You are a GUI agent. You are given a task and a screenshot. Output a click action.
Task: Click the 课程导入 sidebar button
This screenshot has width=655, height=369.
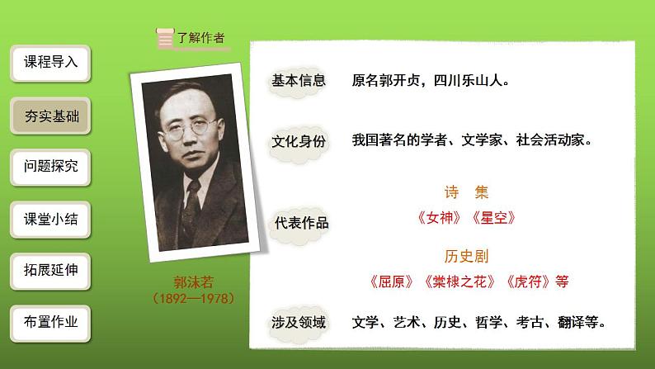tap(51, 63)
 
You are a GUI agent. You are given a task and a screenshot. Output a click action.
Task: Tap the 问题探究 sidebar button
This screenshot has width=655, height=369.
tap(51, 167)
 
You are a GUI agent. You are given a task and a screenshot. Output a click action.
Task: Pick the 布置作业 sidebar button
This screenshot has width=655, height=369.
tap(51, 323)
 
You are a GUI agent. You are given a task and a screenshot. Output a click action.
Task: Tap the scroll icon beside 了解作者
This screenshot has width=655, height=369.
tap(165, 37)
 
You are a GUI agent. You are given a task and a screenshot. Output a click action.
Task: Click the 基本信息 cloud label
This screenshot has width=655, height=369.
tap(299, 81)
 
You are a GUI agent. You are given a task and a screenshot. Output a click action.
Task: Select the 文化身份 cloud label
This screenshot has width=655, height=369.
tap(299, 141)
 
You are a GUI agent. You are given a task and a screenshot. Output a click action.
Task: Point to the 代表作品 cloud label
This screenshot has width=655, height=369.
tap(301, 222)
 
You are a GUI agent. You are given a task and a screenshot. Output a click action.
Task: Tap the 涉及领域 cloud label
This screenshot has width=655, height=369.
tap(299, 323)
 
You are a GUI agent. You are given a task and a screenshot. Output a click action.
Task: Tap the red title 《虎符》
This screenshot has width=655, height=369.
tap(528, 281)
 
